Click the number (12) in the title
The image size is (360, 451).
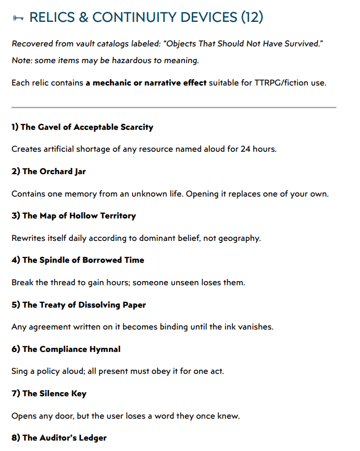(x=252, y=18)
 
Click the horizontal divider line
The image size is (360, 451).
(x=173, y=107)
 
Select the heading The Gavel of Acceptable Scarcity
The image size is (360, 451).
(x=82, y=127)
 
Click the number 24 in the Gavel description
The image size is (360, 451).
(x=246, y=149)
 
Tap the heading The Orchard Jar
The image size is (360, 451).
(x=48, y=171)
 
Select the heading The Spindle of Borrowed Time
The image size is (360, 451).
(x=78, y=260)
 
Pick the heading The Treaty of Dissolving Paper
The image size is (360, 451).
(x=79, y=304)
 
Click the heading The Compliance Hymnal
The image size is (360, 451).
(x=66, y=349)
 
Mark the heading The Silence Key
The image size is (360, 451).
(x=49, y=393)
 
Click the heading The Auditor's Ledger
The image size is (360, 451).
(x=59, y=437)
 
